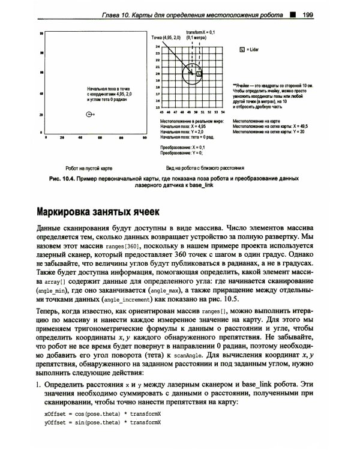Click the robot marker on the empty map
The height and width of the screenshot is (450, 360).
pos(89,113)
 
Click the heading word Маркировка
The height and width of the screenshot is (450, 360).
pos(71,212)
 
